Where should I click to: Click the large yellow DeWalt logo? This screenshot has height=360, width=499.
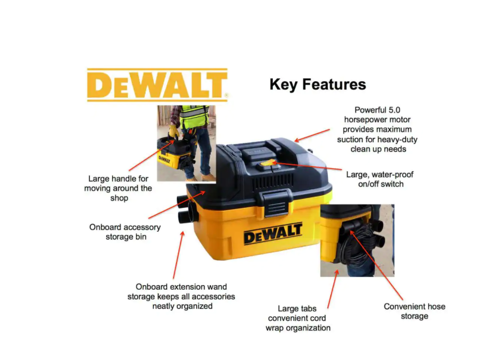click(158, 85)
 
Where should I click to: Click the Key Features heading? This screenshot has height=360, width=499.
click(317, 85)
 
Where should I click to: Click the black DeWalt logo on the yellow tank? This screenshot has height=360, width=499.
click(273, 234)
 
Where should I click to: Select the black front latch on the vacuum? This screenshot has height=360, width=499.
click(275, 202)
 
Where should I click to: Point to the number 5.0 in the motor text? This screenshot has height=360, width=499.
click(394, 110)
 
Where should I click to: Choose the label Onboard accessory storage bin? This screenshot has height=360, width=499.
click(125, 232)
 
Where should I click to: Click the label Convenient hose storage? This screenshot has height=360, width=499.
click(414, 311)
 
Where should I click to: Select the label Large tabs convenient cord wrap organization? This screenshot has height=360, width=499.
click(298, 318)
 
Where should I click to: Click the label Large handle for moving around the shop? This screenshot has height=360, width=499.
click(118, 188)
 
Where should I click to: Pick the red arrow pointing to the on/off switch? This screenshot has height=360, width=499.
click(307, 166)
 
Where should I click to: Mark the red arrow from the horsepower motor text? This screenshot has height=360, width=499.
click(312, 135)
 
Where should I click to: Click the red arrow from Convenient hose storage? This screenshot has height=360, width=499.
click(376, 265)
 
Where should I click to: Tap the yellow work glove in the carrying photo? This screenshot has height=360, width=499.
click(174, 131)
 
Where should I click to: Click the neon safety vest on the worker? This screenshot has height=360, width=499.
click(193, 117)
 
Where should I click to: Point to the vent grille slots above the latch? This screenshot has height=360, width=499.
click(273, 182)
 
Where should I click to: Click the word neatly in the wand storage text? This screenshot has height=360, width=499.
click(164, 306)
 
